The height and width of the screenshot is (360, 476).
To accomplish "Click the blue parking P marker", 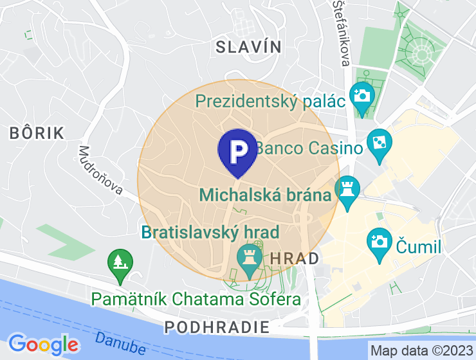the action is pos(237,151).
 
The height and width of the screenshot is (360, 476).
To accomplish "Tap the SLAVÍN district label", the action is pos(249,46).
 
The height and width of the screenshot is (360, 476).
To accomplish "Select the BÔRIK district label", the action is pos(37,133).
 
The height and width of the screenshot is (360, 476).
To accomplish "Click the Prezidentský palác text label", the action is pos(270,101).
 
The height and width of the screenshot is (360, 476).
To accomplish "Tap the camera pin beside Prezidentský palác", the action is pos(362,97).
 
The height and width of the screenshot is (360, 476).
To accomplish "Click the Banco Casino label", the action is pos(309,148).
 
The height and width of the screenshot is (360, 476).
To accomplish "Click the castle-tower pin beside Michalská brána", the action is pos(348,190).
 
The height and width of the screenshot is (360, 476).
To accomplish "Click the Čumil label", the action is pos(419,248).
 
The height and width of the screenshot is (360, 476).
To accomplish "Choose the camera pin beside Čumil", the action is pos(380,243).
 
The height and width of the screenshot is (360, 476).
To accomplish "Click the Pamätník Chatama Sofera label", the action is pos(196,300).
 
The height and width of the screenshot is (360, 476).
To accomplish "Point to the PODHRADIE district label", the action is pos(217,327).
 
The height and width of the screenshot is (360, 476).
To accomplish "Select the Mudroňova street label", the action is pos(100,170).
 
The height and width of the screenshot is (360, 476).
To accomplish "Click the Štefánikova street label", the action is pos(341,32).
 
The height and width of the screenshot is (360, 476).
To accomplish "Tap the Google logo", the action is pos(43,344).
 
